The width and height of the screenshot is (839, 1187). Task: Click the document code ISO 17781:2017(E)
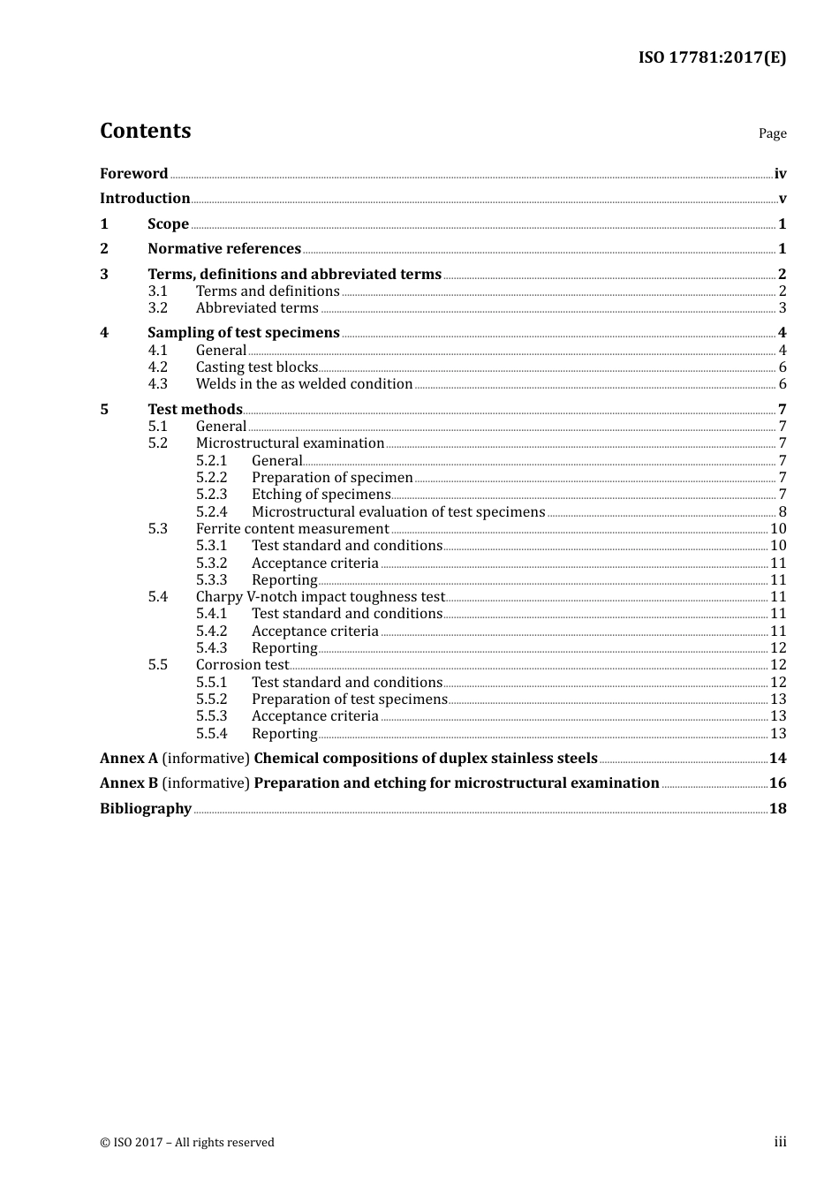tap(712, 57)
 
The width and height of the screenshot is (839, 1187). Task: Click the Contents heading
tap(145, 131)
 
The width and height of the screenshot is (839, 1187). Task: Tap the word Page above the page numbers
tap(772, 133)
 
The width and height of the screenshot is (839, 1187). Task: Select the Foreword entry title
tap(133, 174)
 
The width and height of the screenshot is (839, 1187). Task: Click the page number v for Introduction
tap(782, 199)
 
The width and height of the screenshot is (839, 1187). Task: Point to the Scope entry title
tap(168, 224)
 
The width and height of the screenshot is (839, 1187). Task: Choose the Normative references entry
tap(224, 249)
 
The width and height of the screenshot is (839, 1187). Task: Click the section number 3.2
tap(157, 308)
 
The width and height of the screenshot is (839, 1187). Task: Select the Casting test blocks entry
tap(256, 367)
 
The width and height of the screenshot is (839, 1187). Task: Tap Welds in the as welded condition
tap(304, 384)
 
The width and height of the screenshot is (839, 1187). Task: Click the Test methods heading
tap(194, 410)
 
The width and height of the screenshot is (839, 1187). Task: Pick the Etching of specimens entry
tap(321, 495)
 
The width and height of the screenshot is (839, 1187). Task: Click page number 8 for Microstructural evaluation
tap(782, 512)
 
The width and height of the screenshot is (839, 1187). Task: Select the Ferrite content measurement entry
tap(291, 529)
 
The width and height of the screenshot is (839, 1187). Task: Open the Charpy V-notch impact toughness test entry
tap(320, 597)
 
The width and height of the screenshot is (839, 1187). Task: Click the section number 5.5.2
tap(211, 699)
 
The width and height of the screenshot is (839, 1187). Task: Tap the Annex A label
tap(129, 759)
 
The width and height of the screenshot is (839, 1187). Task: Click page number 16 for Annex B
tap(777, 783)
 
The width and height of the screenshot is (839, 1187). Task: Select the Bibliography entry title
tap(146, 809)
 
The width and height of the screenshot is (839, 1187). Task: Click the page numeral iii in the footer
tap(780, 1142)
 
